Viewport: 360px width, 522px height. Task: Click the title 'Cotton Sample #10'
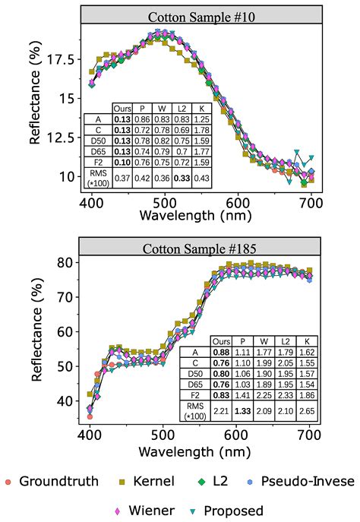tap(200, 15)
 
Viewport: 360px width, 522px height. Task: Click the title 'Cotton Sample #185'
tap(200, 247)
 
